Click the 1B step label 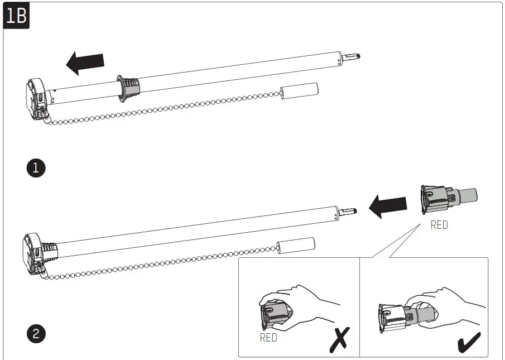pos(16,16)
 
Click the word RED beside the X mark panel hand pos(268,338)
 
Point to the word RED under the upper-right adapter pos(439,226)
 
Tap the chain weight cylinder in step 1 pos(299,91)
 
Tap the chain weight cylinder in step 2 pos(296,246)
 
